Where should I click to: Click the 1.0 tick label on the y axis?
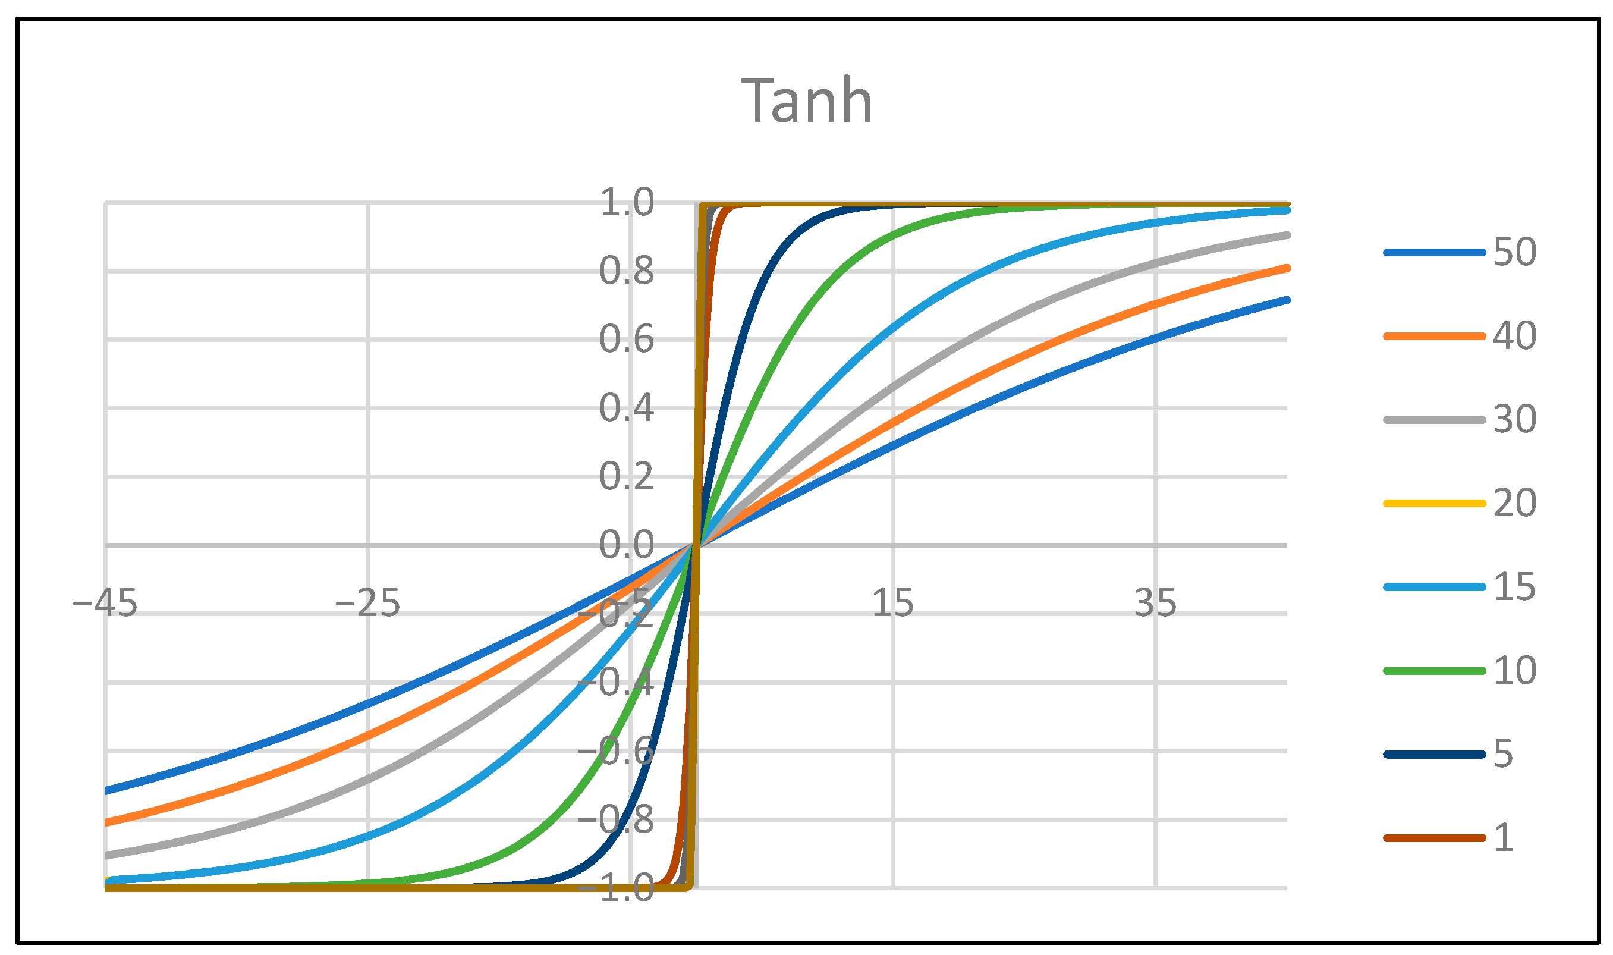(627, 203)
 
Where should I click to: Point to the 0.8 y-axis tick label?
(627, 272)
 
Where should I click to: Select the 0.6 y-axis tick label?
(627, 340)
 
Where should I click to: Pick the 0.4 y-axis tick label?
(627, 408)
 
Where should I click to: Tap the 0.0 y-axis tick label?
(627, 545)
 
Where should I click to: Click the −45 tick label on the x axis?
(105, 604)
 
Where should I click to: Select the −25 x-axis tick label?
(367, 604)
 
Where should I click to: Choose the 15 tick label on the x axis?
(892, 604)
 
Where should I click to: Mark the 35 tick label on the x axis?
(1156, 604)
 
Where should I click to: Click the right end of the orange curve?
(1287, 268)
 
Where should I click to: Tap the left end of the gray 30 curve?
(108, 855)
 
